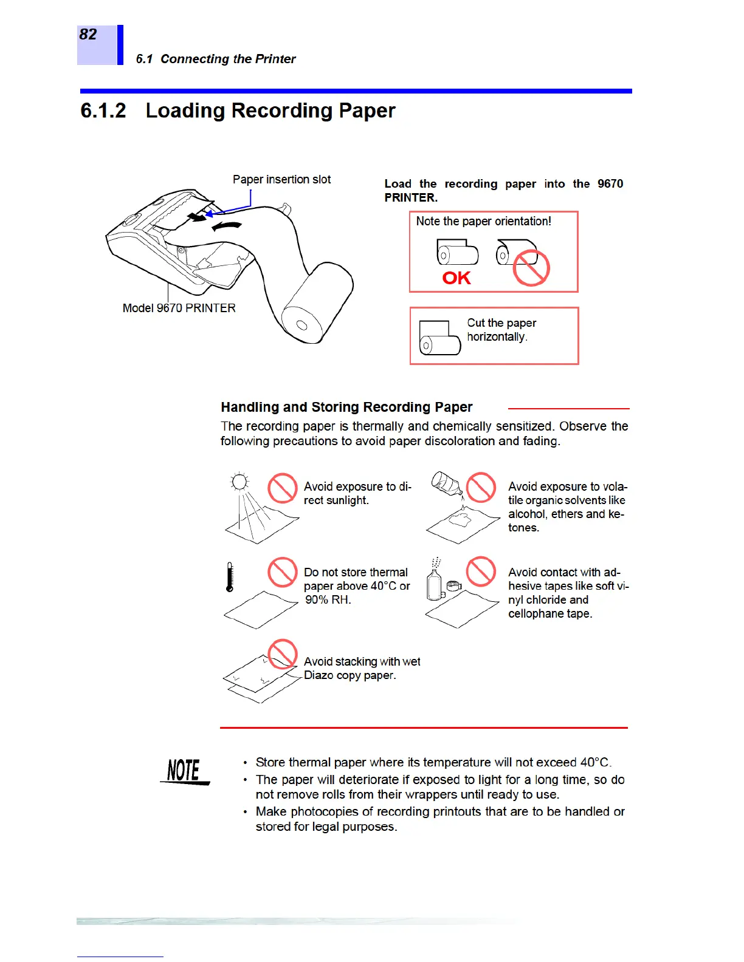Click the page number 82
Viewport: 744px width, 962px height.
tap(88, 35)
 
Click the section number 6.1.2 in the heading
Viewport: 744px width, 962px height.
tap(103, 111)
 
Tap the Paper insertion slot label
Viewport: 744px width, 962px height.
tap(281, 180)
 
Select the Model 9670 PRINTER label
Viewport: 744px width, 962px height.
tap(179, 309)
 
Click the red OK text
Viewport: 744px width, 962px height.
tap(456, 278)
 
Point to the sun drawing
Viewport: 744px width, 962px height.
tap(239, 483)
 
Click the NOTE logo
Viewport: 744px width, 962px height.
tap(185, 771)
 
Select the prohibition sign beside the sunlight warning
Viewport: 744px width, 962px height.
tap(283, 488)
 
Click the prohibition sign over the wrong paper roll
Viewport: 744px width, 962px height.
tap(531, 268)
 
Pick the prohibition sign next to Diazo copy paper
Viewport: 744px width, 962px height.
tap(283, 654)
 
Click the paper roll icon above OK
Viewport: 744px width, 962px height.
tap(457, 252)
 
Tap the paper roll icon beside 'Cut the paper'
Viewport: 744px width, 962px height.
tap(439, 338)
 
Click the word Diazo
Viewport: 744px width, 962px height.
tap(317, 675)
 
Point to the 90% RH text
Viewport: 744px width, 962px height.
tap(328, 600)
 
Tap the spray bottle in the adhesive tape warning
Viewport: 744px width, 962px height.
tap(435, 582)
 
